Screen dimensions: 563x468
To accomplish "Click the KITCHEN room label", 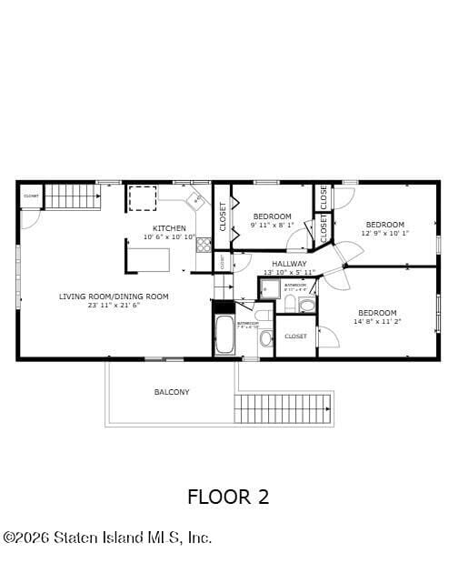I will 169,228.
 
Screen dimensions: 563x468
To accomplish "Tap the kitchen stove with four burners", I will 204,245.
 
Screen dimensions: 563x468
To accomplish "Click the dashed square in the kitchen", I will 143,198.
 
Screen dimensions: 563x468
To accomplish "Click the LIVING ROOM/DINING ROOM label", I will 114,297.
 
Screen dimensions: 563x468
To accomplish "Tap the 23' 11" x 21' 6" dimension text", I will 114,306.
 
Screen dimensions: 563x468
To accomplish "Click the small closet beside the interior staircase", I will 31,196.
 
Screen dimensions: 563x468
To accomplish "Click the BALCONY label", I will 172,392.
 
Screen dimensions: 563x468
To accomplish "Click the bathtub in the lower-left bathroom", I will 224,335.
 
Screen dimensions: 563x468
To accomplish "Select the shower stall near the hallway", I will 270,289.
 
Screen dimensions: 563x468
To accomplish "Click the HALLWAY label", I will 289,264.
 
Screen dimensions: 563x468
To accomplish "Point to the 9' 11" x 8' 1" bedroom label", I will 272,222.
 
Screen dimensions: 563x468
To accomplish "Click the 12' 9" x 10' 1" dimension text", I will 384,233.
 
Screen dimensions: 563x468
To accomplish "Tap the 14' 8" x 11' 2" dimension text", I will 376,321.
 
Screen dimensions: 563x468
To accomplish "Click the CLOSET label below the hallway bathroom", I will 295,337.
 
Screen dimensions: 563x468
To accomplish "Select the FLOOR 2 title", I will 228,497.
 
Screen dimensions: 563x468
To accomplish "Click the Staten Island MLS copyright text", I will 107,538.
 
